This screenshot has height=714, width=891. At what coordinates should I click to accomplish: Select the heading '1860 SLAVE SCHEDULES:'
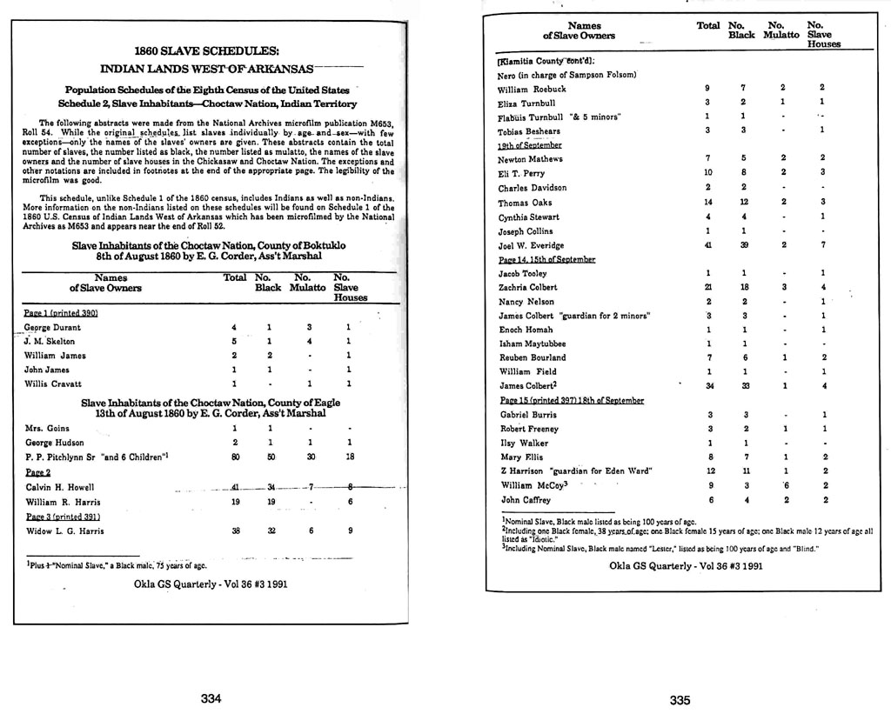click(x=207, y=50)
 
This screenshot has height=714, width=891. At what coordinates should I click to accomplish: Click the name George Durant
click(x=52, y=328)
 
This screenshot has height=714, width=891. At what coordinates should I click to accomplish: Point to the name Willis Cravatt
click(x=53, y=384)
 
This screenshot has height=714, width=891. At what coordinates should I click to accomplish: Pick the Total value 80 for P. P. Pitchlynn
click(x=235, y=456)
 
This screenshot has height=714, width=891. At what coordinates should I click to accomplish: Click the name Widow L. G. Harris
click(x=65, y=530)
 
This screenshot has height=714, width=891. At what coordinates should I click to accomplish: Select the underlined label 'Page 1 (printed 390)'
click(x=60, y=312)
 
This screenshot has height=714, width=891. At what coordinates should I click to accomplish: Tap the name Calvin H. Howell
click(x=59, y=487)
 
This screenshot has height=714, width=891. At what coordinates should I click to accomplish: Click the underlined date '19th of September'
click(x=529, y=145)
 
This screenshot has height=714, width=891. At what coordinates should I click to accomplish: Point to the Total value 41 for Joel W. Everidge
click(x=709, y=245)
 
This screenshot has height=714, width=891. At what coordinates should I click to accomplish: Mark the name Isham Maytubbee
click(x=533, y=344)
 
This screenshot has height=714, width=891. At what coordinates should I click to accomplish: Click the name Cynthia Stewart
click(x=528, y=217)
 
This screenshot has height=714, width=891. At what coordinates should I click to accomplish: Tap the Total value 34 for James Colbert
click(x=709, y=386)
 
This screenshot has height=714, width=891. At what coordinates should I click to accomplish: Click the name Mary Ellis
click(x=521, y=457)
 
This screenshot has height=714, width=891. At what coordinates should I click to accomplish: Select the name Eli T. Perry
click(x=522, y=174)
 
